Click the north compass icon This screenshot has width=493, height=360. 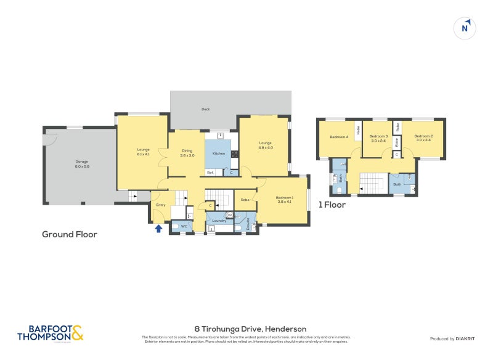click(x=466, y=28)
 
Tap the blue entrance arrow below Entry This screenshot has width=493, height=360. click(x=158, y=229)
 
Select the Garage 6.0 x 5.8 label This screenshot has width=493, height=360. click(x=81, y=165)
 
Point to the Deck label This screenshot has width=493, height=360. click(x=206, y=109)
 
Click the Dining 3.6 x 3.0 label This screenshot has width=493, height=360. click(x=187, y=153)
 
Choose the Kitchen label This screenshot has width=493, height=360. click(x=219, y=153)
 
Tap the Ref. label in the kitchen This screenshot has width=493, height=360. click(x=210, y=172)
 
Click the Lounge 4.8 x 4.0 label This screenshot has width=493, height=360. click(x=265, y=145)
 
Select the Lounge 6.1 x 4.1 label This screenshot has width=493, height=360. click(x=144, y=152)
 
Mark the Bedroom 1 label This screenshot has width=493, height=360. click(x=285, y=199)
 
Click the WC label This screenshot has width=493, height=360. click(x=184, y=227)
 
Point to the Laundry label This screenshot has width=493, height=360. click(x=219, y=220)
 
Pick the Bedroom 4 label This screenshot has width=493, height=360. click(x=339, y=137)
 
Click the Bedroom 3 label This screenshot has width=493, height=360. click(x=378, y=138)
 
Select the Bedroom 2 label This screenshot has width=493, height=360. click(x=423, y=138)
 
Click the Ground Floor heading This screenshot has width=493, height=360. click(x=70, y=234)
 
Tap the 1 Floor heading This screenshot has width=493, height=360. click(x=332, y=205)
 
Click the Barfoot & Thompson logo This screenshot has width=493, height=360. click(x=50, y=333)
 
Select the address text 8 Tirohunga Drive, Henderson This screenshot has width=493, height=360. click(x=246, y=329)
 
